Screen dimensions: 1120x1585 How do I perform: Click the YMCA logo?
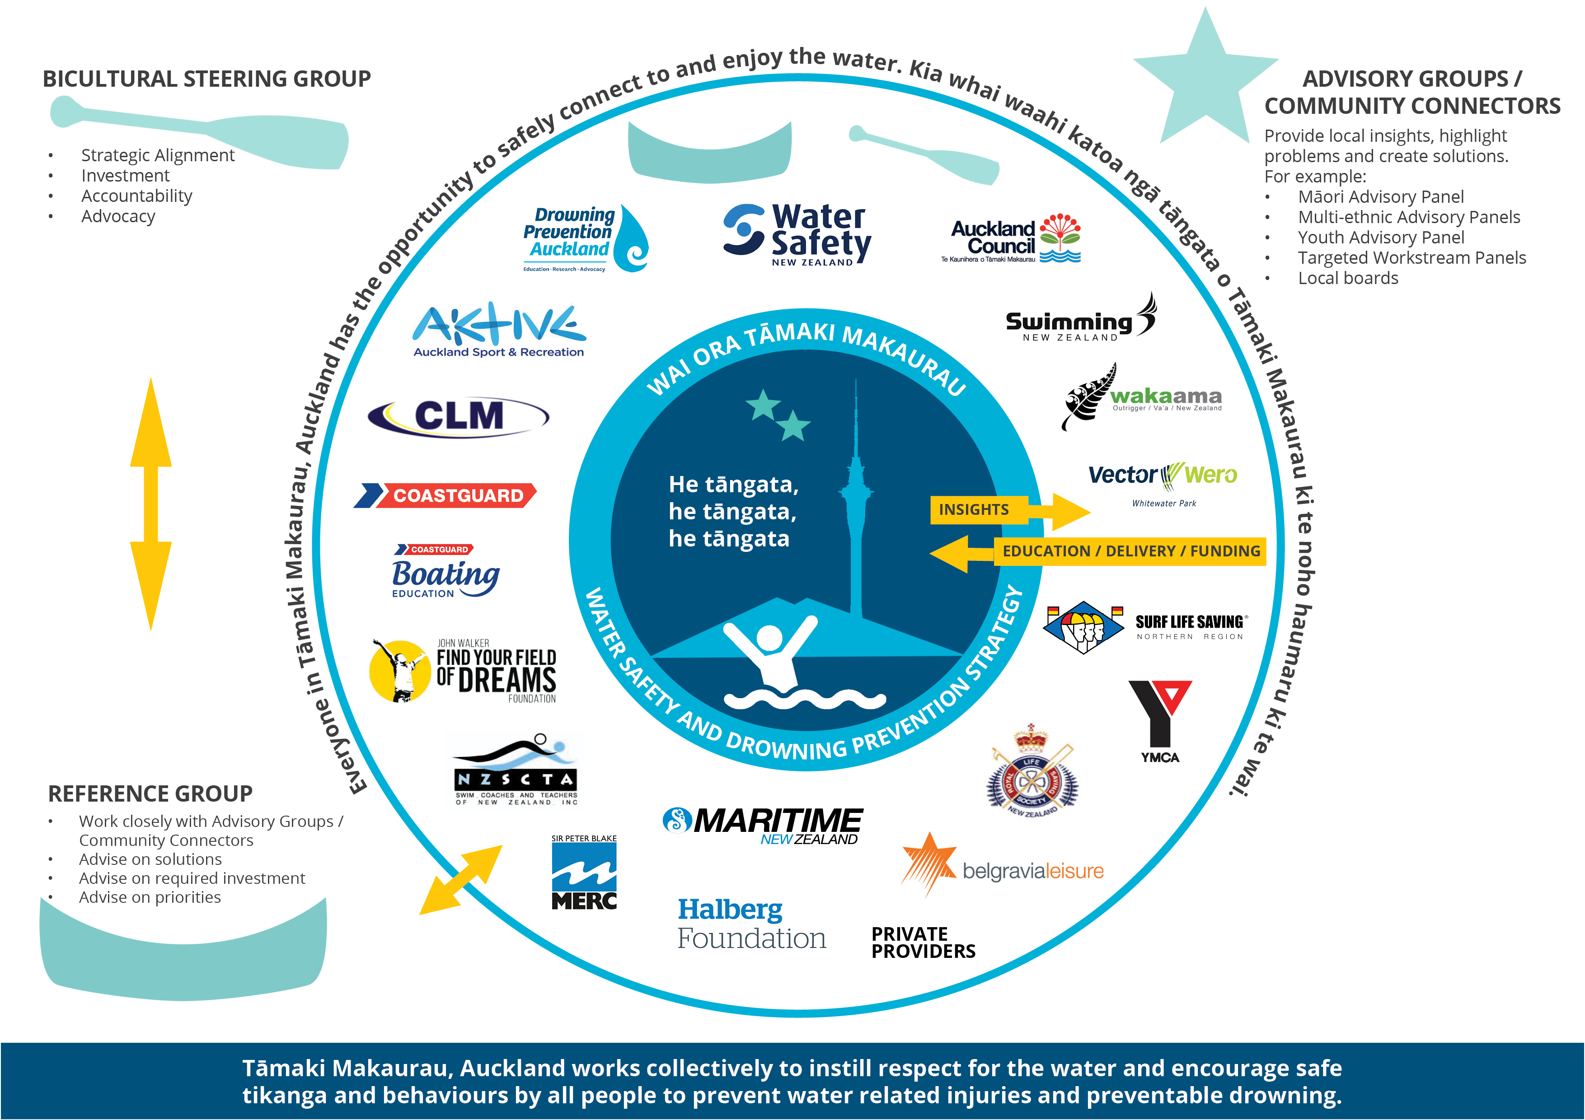(1160, 721)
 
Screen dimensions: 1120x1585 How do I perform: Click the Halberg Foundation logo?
(751, 924)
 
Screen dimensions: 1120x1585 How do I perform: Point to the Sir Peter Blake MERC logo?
(584, 873)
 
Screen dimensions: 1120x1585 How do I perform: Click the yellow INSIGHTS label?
(973, 510)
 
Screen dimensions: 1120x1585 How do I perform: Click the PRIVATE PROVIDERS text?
(923, 943)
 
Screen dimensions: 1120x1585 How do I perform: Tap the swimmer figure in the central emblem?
(770, 656)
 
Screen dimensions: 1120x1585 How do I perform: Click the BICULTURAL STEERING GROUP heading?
(206, 79)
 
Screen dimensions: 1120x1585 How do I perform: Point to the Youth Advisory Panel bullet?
(1381, 238)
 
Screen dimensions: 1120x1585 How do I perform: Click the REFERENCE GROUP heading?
(150, 793)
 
